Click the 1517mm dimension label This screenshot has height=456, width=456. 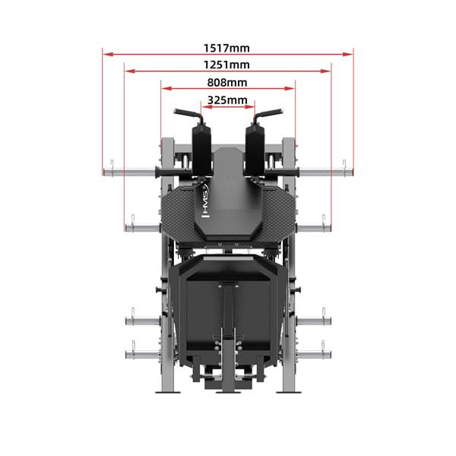pos(226,48)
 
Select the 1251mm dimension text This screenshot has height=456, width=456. pos(226,65)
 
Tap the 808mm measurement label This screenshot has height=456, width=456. pos(227,83)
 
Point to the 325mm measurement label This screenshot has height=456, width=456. pos(227,100)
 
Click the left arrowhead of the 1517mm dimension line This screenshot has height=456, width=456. pos(108,54)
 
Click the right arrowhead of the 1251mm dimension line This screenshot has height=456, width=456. pos(326,71)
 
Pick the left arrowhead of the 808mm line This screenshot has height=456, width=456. pos(166,88)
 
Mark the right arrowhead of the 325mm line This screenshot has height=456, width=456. pos(250,106)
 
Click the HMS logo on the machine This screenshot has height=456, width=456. pos(206,202)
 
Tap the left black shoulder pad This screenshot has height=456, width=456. pos(201,150)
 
